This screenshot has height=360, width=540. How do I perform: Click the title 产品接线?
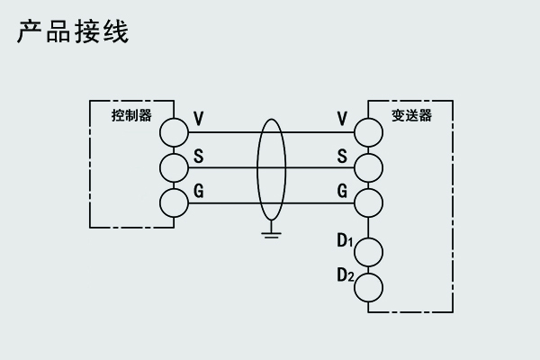pyautogui.click(x=73, y=32)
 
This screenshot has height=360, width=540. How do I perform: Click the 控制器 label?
pyautogui.click(x=131, y=116)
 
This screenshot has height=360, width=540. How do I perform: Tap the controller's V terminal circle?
pyautogui.click(x=175, y=132)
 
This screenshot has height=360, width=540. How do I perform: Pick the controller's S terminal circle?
pyautogui.click(x=175, y=166)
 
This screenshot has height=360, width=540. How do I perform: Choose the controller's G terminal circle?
pyautogui.click(x=175, y=202)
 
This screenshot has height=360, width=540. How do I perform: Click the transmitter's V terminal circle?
pyautogui.click(x=368, y=132)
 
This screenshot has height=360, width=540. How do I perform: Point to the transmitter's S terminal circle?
pyautogui.click(x=368, y=166)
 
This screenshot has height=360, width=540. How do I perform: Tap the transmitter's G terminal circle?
pyautogui.click(x=368, y=202)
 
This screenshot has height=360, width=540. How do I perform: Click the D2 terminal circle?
pyautogui.click(x=368, y=287)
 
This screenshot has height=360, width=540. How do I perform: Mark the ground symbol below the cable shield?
pyautogui.click(x=269, y=235)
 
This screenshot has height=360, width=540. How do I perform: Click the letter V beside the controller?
pyautogui.click(x=199, y=118)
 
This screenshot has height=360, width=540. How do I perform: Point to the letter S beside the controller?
pyautogui.click(x=199, y=154)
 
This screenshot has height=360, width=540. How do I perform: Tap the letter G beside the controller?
pyautogui.click(x=199, y=190)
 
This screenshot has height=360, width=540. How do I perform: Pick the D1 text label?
pyautogui.click(x=344, y=240)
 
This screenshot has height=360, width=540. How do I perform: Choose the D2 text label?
pyautogui.click(x=344, y=276)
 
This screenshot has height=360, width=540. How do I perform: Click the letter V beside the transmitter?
pyautogui.click(x=342, y=118)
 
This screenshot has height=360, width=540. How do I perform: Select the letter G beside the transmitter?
pyautogui.click(x=342, y=190)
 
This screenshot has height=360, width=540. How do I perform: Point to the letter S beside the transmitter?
pyautogui.click(x=342, y=154)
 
